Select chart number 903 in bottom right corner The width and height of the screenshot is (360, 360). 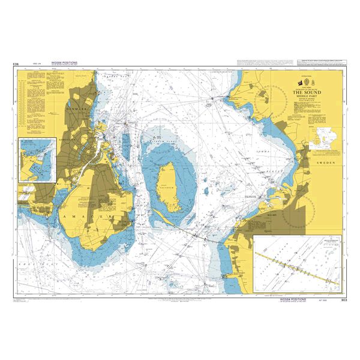coord(343,299)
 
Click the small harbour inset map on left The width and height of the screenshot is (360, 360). coord(37,160)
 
